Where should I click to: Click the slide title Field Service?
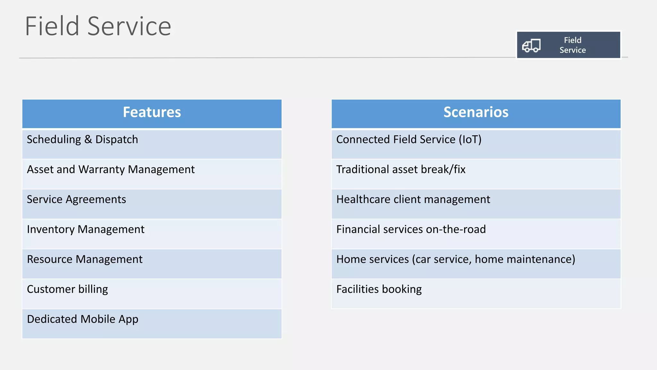[x=98, y=26]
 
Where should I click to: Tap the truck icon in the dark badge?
[x=531, y=46]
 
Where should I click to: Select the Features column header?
[x=152, y=112]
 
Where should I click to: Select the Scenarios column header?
[x=476, y=112]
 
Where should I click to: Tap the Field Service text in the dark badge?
[x=573, y=45]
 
